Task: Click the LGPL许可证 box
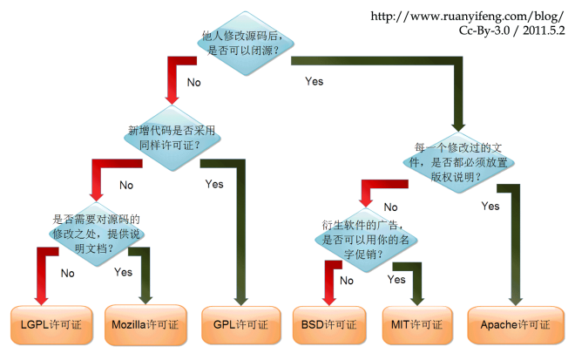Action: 51,324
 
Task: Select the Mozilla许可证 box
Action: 145,324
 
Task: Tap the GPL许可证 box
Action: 240,324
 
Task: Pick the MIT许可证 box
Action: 417,324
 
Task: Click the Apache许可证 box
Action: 514,324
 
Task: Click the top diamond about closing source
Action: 240,44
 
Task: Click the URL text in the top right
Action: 469,16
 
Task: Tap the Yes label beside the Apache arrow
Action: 490,207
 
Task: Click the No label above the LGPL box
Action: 68,273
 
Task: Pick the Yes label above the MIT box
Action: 396,280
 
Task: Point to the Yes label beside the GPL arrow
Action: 214,184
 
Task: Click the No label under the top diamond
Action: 193,83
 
